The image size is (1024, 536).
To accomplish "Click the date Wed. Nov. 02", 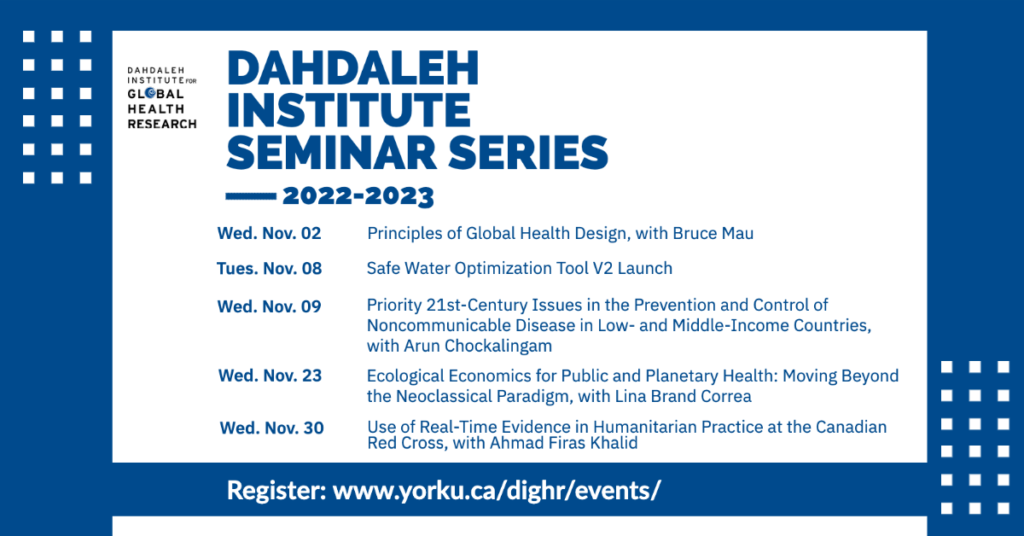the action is click(269, 234).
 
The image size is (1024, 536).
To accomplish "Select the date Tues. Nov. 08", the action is click(269, 268).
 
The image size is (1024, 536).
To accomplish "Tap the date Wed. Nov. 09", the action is click(269, 306).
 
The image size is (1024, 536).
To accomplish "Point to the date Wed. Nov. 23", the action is click(270, 375).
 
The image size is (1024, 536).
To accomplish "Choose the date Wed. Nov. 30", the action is click(272, 428).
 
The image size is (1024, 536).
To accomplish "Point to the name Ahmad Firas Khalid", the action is click(564, 443).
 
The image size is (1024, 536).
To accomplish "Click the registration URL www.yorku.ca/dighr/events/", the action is click(496, 490).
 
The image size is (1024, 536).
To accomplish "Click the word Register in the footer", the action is click(276, 490).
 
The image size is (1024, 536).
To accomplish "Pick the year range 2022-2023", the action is click(358, 196).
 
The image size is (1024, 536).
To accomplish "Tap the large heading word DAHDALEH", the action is click(353, 68).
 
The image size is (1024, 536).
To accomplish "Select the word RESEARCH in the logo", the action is click(162, 124).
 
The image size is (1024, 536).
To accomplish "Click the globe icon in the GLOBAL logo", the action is click(150, 93).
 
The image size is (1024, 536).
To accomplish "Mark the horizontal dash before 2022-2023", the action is click(251, 195).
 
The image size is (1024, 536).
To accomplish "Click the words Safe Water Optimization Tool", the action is click(477, 268).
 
